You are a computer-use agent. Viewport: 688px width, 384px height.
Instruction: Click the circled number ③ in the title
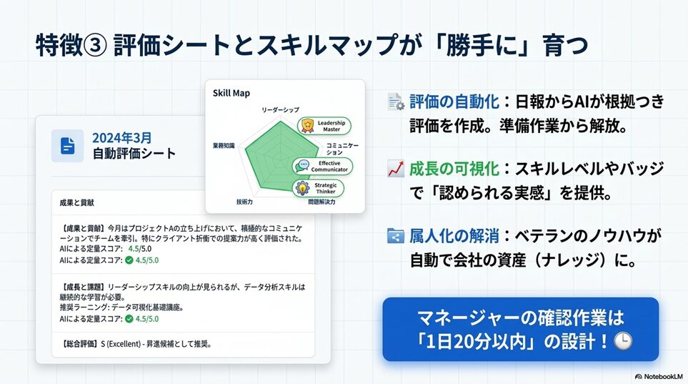tap(95, 45)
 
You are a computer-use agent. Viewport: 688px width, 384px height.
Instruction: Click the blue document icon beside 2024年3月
tap(68, 146)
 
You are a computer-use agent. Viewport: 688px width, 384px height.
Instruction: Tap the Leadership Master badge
tap(324, 126)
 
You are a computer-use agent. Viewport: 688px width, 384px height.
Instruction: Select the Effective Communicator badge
tap(322, 166)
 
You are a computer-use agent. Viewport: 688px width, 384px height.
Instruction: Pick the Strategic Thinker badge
tap(318, 188)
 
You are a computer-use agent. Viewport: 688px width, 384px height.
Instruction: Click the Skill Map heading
tap(231, 93)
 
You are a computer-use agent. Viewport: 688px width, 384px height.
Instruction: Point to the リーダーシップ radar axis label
tap(280, 109)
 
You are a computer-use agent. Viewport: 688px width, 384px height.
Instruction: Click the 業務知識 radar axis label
tap(224, 145)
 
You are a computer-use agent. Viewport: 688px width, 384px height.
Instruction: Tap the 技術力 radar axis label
tap(244, 202)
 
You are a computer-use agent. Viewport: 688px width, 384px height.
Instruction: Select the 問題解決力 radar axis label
tap(321, 202)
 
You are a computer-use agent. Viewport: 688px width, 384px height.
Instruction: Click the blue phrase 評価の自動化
tap(454, 102)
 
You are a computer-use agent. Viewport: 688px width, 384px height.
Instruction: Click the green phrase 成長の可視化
tap(454, 169)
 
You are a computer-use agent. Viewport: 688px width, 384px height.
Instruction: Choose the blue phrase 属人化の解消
tap(454, 236)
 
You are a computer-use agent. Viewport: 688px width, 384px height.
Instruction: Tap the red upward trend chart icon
tap(396, 169)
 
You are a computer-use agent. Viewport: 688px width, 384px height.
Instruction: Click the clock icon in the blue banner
tap(622, 341)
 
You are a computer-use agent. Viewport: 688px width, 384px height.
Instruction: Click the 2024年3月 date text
tap(121, 138)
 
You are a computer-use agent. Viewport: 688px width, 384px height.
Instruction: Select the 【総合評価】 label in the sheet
tap(80, 344)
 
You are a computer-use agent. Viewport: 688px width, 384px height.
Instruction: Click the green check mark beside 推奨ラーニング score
tap(129, 318)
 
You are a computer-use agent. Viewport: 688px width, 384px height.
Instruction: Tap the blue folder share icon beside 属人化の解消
tap(396, 236)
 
